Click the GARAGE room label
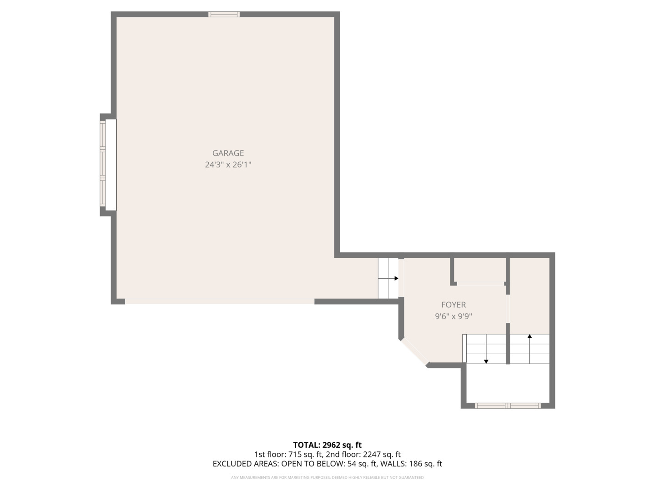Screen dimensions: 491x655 point(228,153)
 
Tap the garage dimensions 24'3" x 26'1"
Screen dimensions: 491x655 point(228,165)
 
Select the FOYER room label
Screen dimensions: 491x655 point(453,305)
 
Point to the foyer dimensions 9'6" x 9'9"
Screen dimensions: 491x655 point(453,316)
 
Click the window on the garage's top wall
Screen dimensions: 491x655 point(224,14)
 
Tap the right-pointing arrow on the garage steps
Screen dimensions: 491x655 point(396,278)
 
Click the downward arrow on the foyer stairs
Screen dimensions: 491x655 point(486,361)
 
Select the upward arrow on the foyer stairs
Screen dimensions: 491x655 point(529,337)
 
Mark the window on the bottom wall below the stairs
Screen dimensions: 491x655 point(508,406)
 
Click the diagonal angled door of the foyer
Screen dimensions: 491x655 point(414,351)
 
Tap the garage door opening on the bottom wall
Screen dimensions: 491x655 point(219,301)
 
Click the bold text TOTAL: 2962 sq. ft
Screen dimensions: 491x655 point(327,445)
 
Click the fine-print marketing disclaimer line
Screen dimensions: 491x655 point(327,478)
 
